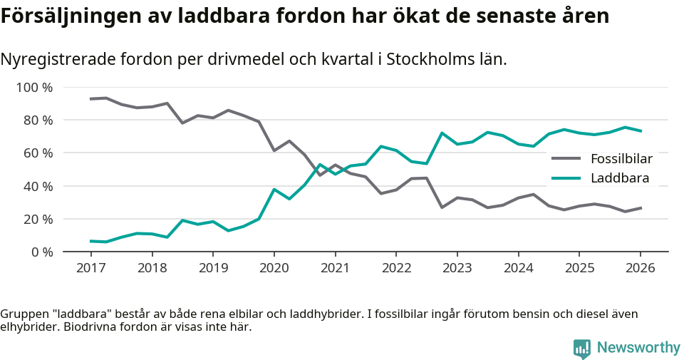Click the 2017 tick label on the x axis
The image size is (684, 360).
(90, 268)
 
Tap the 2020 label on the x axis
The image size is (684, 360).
(274, 268)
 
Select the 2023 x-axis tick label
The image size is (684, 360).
(457, 268)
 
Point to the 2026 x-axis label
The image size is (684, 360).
(640, 268)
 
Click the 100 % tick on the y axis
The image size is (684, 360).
(35, 88)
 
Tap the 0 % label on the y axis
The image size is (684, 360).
(41, 252)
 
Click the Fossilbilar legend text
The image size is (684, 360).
(621, 158)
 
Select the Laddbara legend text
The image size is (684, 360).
(620, 178)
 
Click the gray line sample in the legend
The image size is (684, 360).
(567, 158)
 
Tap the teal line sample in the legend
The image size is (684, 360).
(567, 178)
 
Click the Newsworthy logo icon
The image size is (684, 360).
(582, 348)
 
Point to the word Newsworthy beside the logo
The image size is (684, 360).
(638, 348)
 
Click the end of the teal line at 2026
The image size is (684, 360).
(641, 131)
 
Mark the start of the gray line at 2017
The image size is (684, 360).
(90, 99)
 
